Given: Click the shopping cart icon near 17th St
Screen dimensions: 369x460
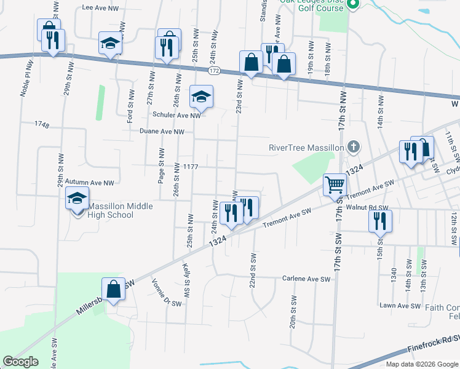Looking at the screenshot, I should pyautogui.click(x=335, y=184).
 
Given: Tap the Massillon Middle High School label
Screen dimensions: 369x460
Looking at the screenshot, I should pyautogui.click(x=111, y=210).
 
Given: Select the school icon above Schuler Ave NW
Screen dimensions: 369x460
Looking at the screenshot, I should pyautogui.click(x=200, y=97).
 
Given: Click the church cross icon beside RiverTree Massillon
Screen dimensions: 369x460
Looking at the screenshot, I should pyautogui.click(x=352, y=147).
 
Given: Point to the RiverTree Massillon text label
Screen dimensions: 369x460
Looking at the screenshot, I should pyautogui.click(x=306, y=148).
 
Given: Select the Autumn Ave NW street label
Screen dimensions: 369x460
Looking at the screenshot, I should pyautogui.click(x=90, y=183).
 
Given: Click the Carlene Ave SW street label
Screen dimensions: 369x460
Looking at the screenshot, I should pyautogui.click(x=306, y=279).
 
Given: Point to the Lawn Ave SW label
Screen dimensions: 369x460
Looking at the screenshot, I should pyautogui.click(x=400, y=306).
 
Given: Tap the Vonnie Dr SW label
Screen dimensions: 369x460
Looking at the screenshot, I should pyautogui.click(x=166, y=292).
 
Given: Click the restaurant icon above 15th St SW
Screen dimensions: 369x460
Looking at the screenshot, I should pyautogui.click(x=380, y=221).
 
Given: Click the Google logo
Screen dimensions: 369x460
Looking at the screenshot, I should pyautogui.click(x=20, y=361).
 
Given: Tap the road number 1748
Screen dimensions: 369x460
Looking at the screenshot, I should pyautogui.click(x=42, y=125).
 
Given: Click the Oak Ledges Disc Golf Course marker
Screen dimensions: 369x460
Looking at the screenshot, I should pyautogui.click(x=352, y=6).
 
